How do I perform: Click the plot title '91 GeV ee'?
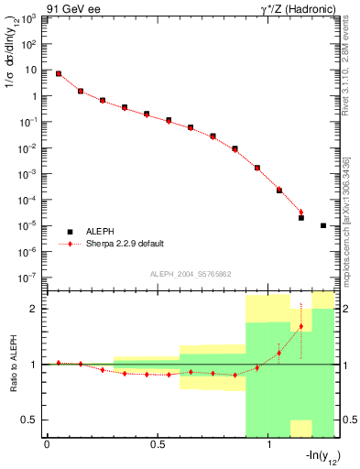(x=72, y=8)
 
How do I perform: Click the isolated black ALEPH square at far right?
(x=323, y=225)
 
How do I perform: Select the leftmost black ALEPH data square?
(x=58, y=74)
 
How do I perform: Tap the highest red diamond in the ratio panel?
(x=301, y=326)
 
